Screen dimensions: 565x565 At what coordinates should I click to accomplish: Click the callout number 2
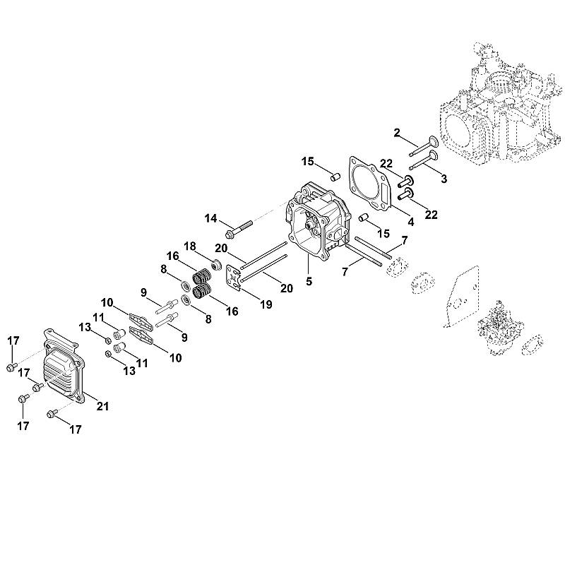click(397, 133)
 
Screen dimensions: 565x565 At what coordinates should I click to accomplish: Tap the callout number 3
click(444, 179)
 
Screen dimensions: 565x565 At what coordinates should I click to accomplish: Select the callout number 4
click(411, 222)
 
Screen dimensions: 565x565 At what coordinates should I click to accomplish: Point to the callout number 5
click(309, 281)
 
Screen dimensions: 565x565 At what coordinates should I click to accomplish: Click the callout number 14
click(210, 218)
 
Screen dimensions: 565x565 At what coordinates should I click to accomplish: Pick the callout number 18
click(190, 246)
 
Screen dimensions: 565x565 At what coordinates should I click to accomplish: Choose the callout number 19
click(266, 304)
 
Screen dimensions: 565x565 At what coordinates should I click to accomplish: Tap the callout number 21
click(102, 406)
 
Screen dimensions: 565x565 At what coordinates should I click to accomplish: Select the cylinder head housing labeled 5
click(317, 222)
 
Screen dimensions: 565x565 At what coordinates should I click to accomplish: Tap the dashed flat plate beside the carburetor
click(461, 297)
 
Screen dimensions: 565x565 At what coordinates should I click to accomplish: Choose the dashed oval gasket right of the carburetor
click(532, 345)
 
